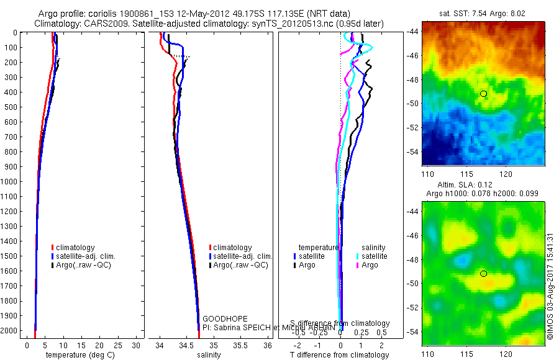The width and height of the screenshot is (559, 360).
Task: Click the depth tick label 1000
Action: [x=11, y=182]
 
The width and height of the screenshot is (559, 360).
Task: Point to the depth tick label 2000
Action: [x=11, y=331]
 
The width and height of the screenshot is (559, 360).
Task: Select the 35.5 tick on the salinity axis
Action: [x=240, y=344]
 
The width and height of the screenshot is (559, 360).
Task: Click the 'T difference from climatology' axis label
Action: [x=340, y=355]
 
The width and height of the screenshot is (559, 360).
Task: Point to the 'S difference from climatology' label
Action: [x=340, y=324]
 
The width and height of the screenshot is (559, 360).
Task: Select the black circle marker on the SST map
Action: [x=483, y=94]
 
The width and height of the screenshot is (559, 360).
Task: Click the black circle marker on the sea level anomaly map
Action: [x=483, y=274]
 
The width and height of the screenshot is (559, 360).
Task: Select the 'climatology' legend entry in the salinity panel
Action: [x=232, y=248]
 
